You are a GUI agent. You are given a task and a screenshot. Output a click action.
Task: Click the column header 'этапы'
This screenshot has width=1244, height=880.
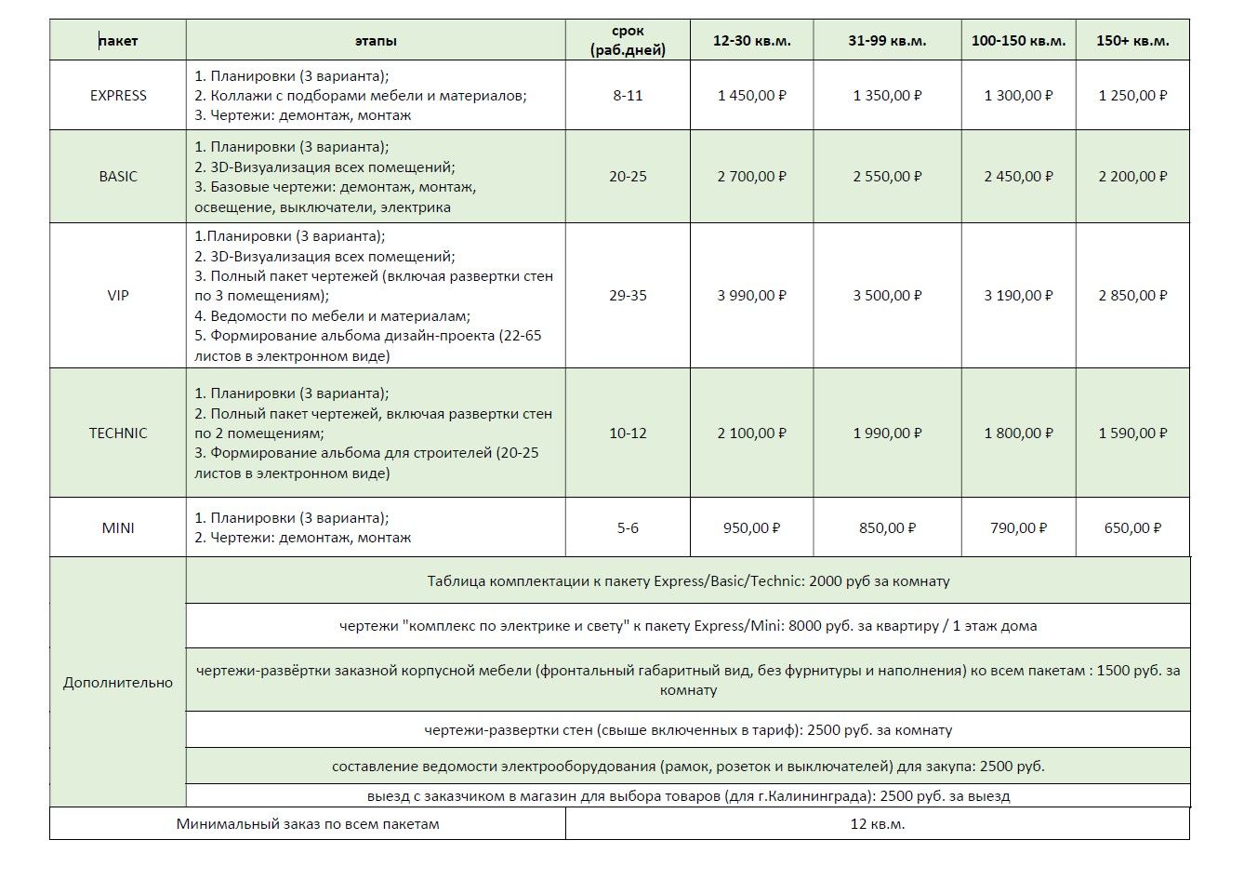376,41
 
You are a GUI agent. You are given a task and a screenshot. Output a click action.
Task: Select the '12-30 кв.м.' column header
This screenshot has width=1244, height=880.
751,41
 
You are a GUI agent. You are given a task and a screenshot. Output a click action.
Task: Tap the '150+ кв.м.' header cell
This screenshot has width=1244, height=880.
1132,41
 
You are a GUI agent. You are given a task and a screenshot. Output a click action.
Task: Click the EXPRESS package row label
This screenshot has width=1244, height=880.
118,96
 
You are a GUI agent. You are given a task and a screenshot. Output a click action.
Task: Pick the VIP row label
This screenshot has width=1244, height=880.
118,296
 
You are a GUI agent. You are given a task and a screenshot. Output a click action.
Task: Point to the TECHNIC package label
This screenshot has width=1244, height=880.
118,433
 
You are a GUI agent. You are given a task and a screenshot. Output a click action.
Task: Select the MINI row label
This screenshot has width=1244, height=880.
118,528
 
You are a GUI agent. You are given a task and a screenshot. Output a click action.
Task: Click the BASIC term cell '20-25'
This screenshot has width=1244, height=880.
628,177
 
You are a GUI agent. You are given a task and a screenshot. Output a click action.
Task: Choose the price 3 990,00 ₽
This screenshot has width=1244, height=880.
751,296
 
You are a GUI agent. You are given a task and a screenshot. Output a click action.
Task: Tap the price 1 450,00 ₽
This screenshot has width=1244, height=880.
751,96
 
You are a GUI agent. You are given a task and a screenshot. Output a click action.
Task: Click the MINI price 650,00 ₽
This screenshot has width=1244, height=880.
1132,528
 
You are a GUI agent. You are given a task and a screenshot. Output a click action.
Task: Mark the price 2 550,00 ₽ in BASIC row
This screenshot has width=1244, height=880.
887,177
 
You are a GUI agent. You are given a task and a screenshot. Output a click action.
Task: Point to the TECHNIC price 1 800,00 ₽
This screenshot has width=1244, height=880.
1018,433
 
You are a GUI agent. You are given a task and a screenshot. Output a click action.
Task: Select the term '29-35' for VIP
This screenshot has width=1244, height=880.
628,296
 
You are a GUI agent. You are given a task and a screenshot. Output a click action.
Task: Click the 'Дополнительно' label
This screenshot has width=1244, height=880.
118,683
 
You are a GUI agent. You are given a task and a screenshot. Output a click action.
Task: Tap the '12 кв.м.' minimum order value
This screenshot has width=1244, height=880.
877,824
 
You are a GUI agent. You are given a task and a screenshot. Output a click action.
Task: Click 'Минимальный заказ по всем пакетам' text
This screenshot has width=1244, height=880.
308,824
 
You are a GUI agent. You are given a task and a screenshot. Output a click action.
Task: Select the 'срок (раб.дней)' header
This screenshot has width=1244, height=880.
628,41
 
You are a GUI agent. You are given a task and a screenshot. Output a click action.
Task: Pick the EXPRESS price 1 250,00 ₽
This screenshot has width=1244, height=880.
1132,96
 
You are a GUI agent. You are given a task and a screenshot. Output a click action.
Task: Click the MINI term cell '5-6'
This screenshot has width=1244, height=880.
628,528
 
